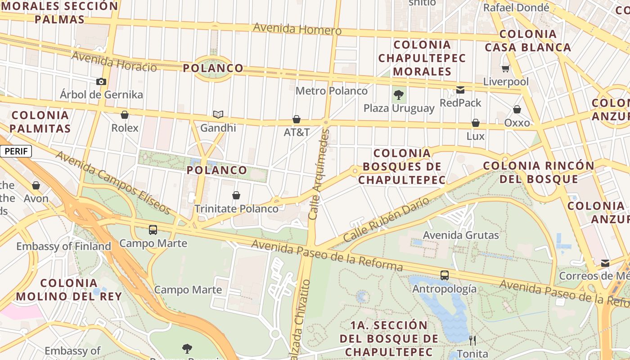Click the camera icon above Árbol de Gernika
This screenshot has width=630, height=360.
tap(101, 81)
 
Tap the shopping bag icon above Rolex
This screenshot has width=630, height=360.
tap(125, 115)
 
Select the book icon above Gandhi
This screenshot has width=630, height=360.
tap(218, 114)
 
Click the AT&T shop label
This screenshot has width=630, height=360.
tap(297, 132)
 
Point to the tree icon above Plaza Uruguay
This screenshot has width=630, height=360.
tap(398, 94)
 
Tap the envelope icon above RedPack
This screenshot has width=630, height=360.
tap(460, 90)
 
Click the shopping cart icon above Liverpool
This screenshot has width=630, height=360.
tap(506, 69)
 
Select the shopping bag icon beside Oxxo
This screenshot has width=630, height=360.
tap(517, 109)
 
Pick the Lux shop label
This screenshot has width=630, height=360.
tap(475, 136)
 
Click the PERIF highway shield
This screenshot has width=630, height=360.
tap(16, 151)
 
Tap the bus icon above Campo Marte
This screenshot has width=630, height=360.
tap(153, 230)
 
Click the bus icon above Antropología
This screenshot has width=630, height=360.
tap(445, 275)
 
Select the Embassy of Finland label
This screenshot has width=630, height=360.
tap(63, 246)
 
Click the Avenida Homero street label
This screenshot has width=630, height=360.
tap(297, 29)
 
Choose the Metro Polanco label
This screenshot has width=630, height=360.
tap(331, 91)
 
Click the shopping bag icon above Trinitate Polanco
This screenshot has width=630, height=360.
tap(236, 195)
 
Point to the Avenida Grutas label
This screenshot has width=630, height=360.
tap(461, 235)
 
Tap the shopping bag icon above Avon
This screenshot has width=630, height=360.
tap(36, 185)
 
